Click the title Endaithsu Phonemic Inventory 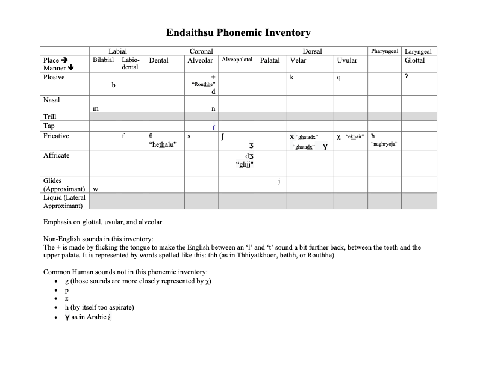click(x=238, y=33)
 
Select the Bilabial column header click(x=103, y=60)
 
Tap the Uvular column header click(x=347, y=60)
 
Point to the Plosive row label click(x=54, y=77)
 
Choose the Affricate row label click(x=57, y=155)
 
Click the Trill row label click(x=50, y=117)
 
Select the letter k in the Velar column click(x=291, y=77)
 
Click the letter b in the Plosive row click(x=113, y=85)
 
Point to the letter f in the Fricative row click(x=123, y=136)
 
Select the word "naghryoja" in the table click(x=385, y=144)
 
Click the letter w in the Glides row click(x=96, y=189)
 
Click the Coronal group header click(x=201, y=52)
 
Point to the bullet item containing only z click(x=66, y=298)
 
